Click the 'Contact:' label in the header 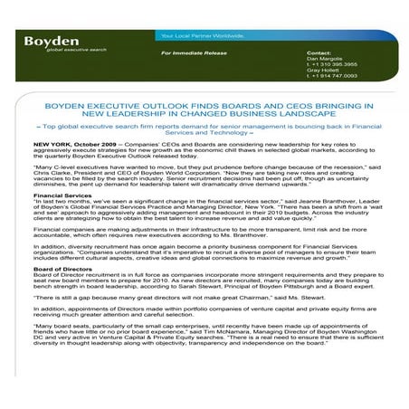pos(319,53)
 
